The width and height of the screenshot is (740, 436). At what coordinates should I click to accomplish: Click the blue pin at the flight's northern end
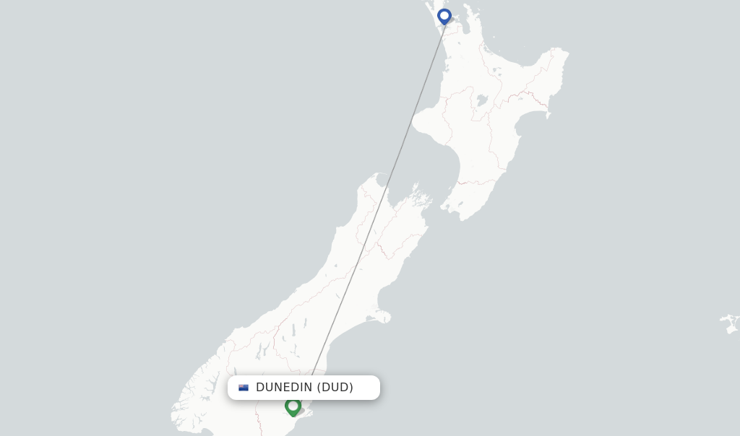pyautogui.click(x=444, y=16)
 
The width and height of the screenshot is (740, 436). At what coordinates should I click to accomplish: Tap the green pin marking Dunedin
pyautogui.click(x=293, y=406)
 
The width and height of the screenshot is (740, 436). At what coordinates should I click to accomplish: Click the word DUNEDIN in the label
pyautogui.click(x=284, y=388)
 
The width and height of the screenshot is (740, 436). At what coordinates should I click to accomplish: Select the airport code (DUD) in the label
pyautogui.click(x=335, y=388)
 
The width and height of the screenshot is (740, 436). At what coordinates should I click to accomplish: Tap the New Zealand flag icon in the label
pyautogui.click(x=244, y=388)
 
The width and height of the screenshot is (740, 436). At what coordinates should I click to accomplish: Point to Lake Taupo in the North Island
pyautogui.click(x=480, y=100)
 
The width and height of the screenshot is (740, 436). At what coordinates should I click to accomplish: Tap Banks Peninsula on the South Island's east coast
pyautogui.click(x=381, y=315)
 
